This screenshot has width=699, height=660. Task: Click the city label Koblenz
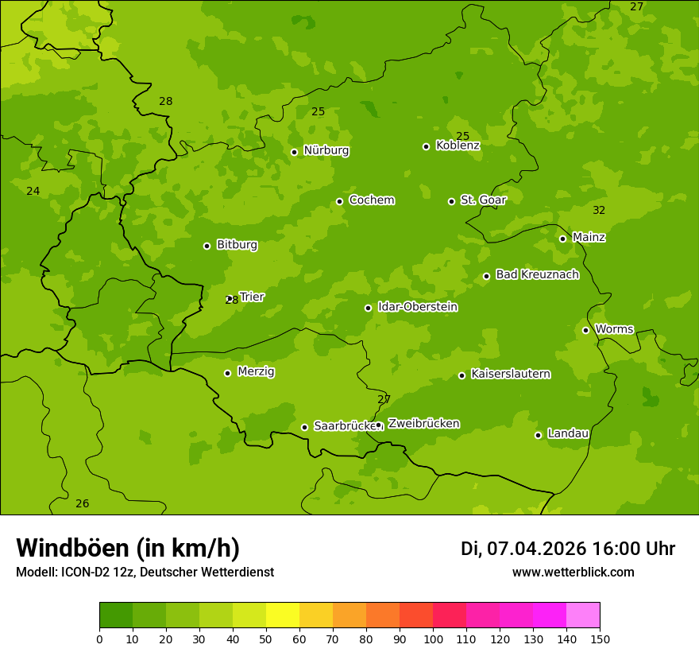pos(458,146)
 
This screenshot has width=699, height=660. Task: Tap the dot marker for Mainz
pos(562,239)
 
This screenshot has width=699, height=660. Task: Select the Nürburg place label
pos(326,150)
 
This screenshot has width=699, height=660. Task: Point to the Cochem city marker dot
pos(339,201)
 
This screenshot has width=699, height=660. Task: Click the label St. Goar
pos(483,200)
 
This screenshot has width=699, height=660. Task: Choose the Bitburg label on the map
pos(237,245)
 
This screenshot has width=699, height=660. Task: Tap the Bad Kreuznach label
pos(537,274)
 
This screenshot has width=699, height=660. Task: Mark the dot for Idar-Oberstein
pos(368,308)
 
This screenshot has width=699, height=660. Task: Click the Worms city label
pos(614,328)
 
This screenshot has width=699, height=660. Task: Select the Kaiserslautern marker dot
pos(461,375)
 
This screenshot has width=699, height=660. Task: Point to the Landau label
pos(568,433)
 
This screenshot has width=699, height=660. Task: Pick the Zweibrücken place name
pos(423,424)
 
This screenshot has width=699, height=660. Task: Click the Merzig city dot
pos(227,373)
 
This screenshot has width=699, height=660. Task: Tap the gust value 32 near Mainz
pos(599,211)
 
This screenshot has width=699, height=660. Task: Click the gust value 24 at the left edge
pos(33,192)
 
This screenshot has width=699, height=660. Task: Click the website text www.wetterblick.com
pos(573,573)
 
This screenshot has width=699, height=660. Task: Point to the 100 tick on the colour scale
pos(433,638)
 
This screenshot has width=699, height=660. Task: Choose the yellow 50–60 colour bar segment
pos(283,615)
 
